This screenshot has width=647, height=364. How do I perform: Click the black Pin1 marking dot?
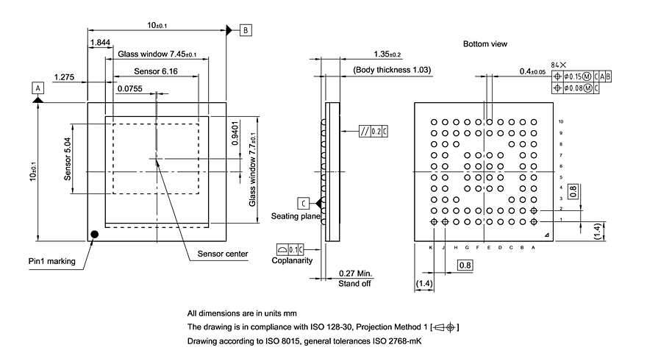click(x=94, y=235)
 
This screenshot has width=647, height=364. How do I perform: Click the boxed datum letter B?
click(x=246, y=30)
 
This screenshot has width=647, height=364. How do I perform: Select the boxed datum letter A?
click(x=36, y=87)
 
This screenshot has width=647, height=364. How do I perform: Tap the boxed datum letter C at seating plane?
click(x=303, y=203)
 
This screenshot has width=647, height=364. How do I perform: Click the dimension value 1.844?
click(x=101, y=43)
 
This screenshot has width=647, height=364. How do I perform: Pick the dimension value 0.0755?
click(x=129, y=88)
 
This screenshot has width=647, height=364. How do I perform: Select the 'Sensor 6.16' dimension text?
click(x=156, y=71)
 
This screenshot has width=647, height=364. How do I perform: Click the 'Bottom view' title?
click(x=485, y=44)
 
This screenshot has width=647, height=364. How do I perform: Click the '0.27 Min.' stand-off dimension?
click(x=356, y=274)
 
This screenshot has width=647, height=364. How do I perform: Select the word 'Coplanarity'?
click(x=293, y=260)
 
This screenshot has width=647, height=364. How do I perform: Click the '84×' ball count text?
click(x=558, y=65)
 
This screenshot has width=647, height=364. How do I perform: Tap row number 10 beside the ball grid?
click(x=561, y=121)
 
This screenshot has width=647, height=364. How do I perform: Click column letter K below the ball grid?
click(x=431, y=248)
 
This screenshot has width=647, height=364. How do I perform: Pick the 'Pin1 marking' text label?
click(x=51, y=260)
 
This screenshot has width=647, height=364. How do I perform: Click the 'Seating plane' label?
click(x=295, y=216)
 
